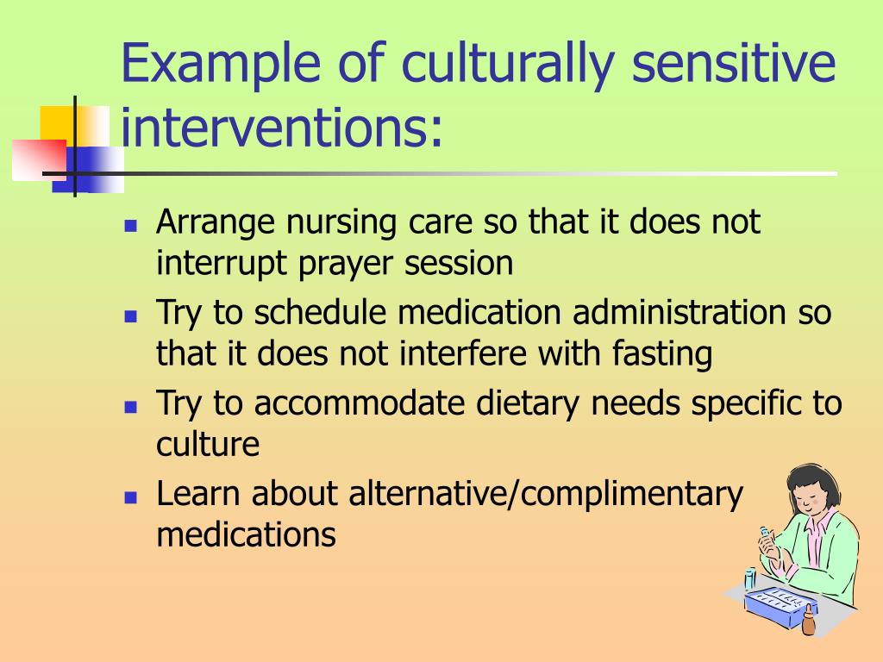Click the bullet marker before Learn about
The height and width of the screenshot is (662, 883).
pyautogui.click(x=130, y=497)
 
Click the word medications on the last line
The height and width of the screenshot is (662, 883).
pyautogui.click(x=246, y=534)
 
